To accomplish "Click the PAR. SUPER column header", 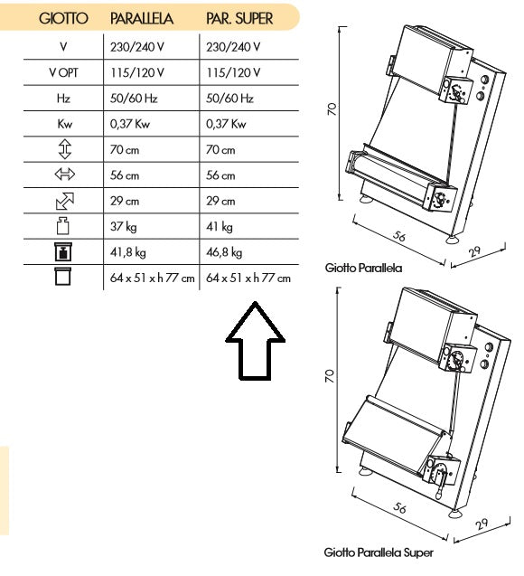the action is click(x=239, y=18).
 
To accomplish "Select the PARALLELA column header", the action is click(x=142, y=18).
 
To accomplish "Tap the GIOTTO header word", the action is click(x=63, y=18).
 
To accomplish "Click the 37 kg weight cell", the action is click(x=123, y=227).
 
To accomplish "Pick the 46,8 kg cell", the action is click(x=224, y=252).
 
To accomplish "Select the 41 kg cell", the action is click(x=219, y=227).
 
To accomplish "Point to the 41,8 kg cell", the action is click(x=127, y=252).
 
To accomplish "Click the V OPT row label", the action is click(x=63, y=72).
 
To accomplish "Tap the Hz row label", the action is click(x=63, y=99).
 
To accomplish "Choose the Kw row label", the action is click(x=64, y=124).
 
